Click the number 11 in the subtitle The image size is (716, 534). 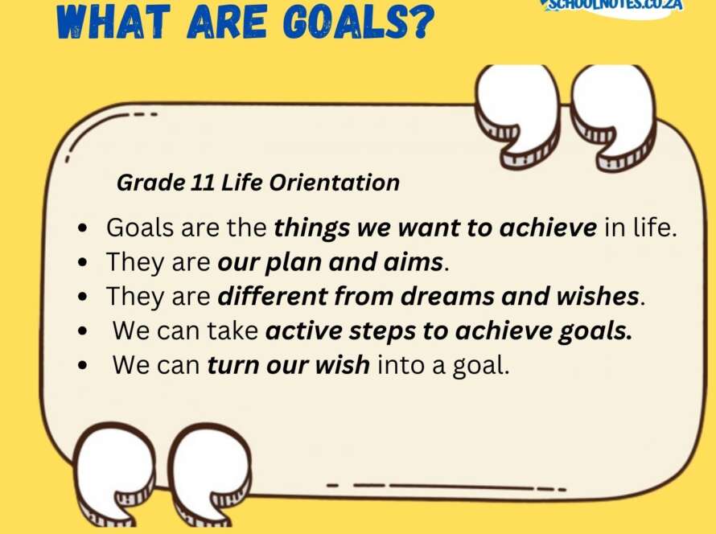tap(203, 183)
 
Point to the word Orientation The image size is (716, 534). tap(334, 183)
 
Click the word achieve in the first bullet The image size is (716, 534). tap(548, 227)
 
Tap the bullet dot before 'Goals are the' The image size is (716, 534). tap(83, 228)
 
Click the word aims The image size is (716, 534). tap(414, 262)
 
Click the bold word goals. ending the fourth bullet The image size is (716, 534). tap(595, 331)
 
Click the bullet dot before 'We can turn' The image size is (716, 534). tap(83, 366)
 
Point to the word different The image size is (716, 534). tap(273, 296)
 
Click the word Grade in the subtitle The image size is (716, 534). tap(150, 183)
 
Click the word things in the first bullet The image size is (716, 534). tap(311, 228)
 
